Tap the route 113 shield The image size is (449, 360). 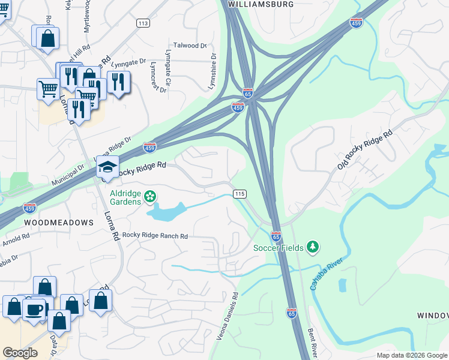point(143,23)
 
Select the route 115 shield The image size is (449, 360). point(240,194)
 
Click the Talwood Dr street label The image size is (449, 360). point(190,46)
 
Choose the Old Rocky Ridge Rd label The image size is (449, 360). point(364,148)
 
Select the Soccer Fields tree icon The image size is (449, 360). point(312,247)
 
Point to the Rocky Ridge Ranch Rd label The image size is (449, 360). point(155,236)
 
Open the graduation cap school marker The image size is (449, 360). point(108,167)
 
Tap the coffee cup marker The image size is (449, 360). point(35,309)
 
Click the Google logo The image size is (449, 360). point(20,353)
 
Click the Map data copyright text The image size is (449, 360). point(412,355)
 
